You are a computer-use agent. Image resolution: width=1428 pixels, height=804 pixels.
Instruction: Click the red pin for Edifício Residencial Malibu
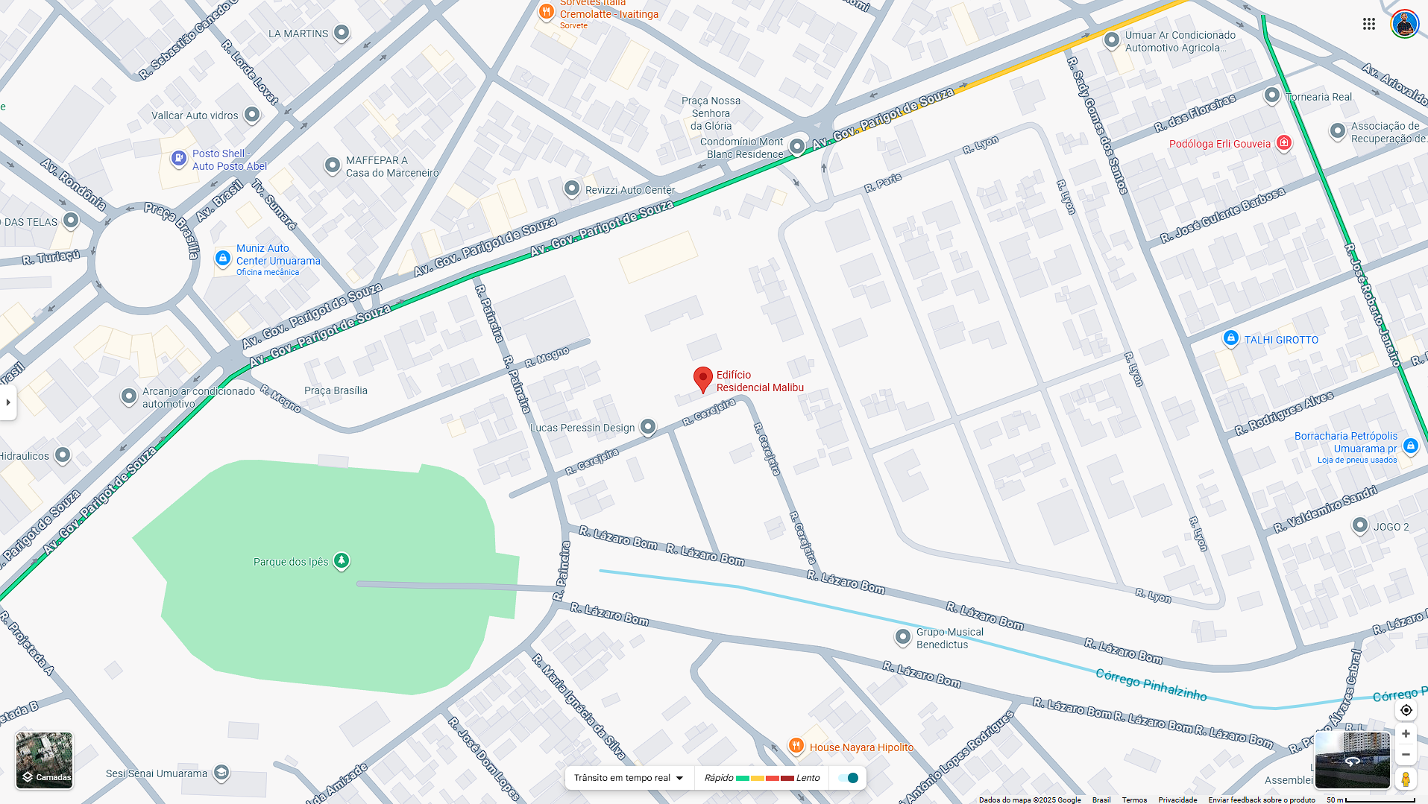tap(702, 379)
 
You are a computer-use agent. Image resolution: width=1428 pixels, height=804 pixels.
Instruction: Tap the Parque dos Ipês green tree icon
tap(342, 560)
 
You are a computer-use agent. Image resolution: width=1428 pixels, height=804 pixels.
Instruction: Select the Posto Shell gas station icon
tap(179, 158)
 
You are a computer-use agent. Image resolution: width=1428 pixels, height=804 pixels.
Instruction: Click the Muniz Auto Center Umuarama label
tap(277, 255)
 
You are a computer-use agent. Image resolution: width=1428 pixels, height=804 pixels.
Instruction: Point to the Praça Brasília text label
tap(336, 390)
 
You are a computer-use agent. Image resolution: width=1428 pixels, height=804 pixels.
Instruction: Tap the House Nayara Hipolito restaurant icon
tap(796, 746)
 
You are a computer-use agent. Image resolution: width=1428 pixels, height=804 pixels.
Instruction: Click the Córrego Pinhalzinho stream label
tap(1151, 684)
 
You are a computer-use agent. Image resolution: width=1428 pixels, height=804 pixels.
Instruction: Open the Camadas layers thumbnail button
tap(45, 760)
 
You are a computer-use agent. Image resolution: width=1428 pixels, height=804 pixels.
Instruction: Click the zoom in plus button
tap(1406, 734)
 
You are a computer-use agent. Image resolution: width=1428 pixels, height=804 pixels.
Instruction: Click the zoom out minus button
tap(1406, 755)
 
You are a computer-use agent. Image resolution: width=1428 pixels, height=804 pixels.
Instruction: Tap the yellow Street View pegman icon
tap(1406, 779)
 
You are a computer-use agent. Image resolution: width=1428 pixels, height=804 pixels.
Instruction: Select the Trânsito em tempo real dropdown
tap(629, 778)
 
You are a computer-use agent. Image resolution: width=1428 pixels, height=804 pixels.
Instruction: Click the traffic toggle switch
tap(849, 778)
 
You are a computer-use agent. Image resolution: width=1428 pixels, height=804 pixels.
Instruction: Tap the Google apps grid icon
tap(1369, 24)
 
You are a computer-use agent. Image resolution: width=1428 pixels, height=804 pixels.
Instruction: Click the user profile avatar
tap(1404, 24)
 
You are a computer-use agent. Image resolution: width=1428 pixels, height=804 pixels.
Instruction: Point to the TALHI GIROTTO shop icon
tap(1230, 338)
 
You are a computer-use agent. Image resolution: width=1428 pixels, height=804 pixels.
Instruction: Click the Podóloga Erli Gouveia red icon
tap(1283, 142)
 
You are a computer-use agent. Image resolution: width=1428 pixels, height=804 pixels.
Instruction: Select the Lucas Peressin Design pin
tap(648, 426)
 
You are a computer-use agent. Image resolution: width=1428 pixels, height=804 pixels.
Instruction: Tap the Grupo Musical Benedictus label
tap(949, 638)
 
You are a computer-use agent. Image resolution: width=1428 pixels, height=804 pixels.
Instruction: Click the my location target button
tap(1406, 710)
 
